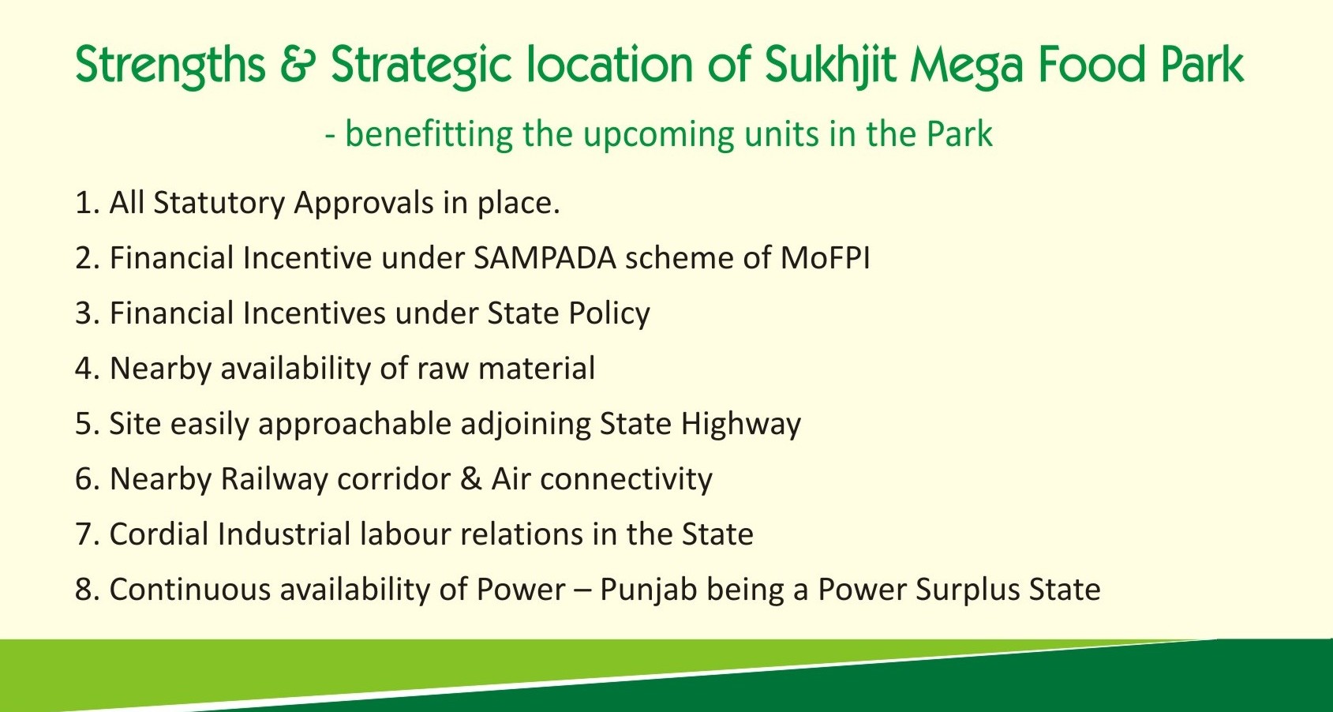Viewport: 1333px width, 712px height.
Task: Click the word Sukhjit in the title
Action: (830, 66)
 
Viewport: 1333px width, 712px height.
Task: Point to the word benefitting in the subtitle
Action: (429, 134)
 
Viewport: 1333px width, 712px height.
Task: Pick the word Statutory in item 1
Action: (219, 204)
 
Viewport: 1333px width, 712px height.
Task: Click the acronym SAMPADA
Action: (545, 258)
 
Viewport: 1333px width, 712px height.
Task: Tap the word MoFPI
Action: (825, 258)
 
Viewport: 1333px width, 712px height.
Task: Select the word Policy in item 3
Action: (608, 314)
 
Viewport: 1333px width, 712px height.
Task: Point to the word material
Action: (536, 369)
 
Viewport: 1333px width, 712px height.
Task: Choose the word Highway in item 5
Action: (741, 425)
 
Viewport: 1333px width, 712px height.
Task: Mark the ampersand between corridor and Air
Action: (470, 479)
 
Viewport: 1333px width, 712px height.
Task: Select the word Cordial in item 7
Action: (159, 534)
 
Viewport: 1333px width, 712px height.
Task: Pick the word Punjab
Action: (648, 590)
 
